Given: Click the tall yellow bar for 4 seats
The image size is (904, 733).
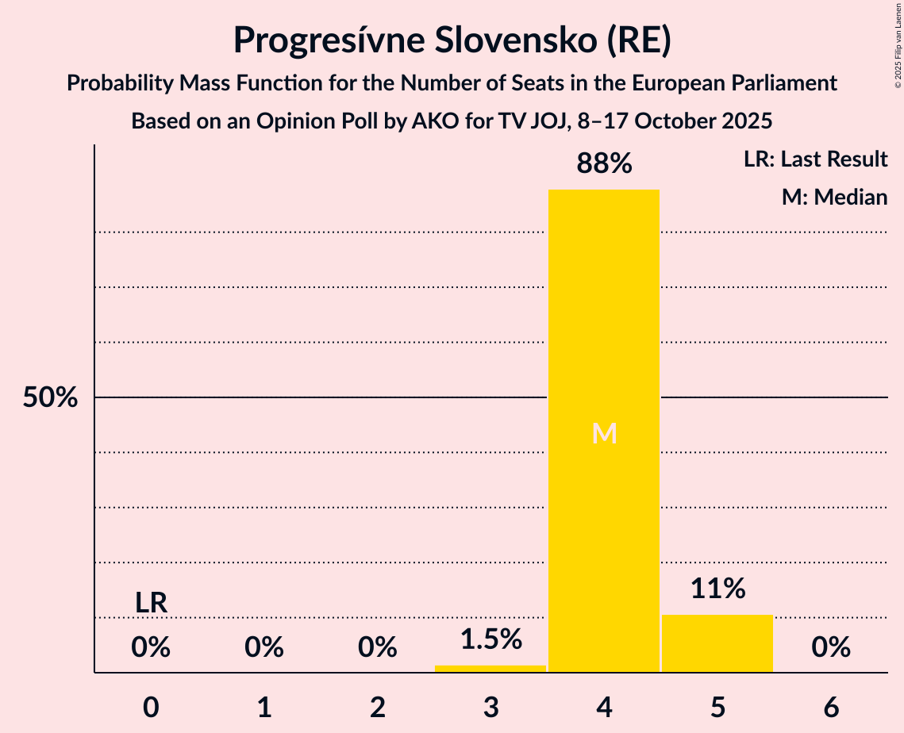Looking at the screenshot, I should coord(604,317).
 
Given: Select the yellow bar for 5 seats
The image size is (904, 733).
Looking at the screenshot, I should coord(717,643).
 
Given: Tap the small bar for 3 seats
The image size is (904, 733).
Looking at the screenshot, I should coord(490,669).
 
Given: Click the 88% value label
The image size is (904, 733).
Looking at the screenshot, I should coord(604,164).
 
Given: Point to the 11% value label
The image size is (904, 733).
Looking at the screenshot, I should coord(717,589).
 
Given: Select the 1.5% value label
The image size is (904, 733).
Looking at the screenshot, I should coord(490,639).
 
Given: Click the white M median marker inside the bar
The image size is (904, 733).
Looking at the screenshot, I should coord(604,433).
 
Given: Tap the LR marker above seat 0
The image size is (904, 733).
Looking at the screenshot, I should coord(151,603).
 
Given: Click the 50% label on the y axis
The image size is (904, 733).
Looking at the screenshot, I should coord(50,397).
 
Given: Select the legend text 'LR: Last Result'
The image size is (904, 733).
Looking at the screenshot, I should coord(815,159).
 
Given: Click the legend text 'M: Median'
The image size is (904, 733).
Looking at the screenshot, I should coord(834,197).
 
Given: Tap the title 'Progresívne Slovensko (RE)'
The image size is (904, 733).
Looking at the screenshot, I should coord(452,40).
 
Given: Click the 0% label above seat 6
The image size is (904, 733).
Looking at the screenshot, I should coord(831,648).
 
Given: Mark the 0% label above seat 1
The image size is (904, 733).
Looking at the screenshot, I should coord(264,648).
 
